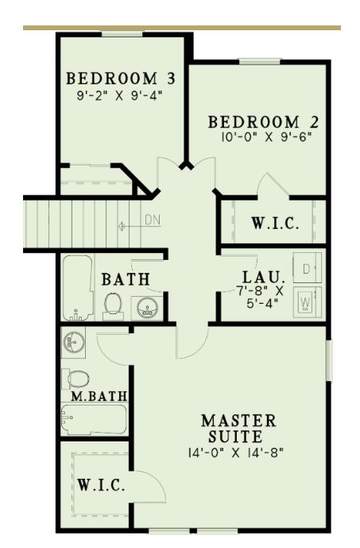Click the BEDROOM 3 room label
[x=120, y=79]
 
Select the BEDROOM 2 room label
[x=264, y=122]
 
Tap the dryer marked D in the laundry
[x=307, y=269]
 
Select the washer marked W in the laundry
[x=307, y=301]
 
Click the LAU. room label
[x=263, y=278]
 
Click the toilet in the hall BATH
[x=113, y=303]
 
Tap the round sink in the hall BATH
[x=145, y=307]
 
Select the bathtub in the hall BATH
[x=78, y=286]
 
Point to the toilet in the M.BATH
[x=77, y=378]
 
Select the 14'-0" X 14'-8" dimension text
[x=238, y=453]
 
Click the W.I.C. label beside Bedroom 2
[x=276, y=223]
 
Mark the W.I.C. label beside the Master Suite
[x=101, y=486]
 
